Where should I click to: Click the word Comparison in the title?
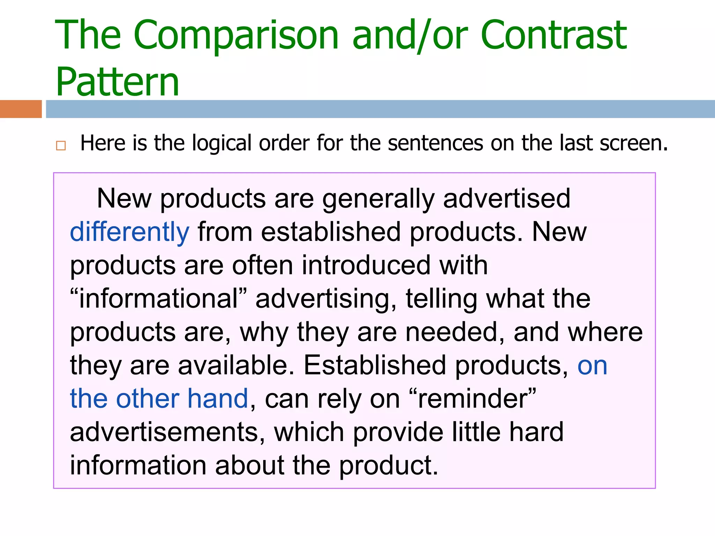coord(236,36)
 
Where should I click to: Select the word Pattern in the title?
coord(117,82)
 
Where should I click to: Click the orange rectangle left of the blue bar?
coord(21,109)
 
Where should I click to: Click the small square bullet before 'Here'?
coord(61,145)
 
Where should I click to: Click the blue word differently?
coord(130,232)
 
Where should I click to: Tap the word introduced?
coord(366,266)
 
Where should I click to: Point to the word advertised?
coord(507,199)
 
